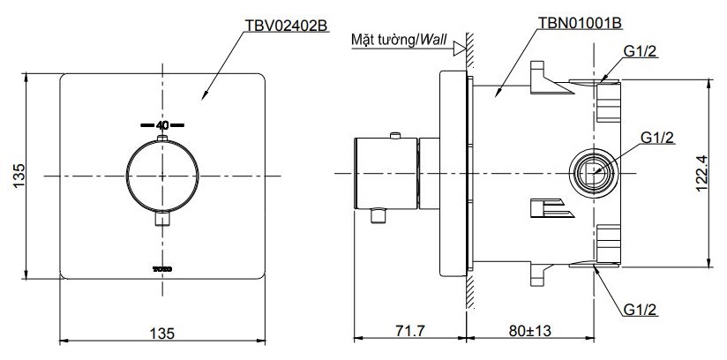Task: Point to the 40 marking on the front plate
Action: coord(161,125)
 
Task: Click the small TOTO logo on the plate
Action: coord(161,265)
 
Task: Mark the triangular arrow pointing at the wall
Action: coord(458,50)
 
